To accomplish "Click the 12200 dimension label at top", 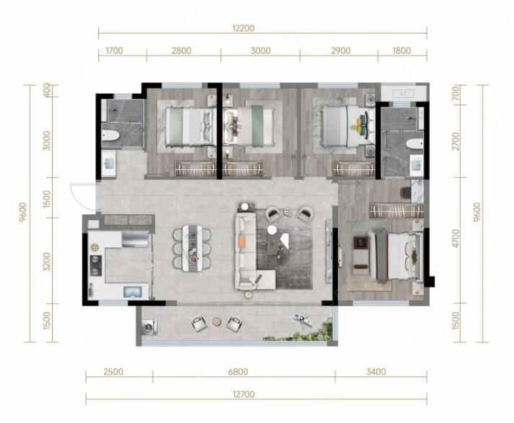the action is coord(243,28).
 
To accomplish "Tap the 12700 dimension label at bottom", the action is coord(244,394).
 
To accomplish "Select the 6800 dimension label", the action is coord(239,372).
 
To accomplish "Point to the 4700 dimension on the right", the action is coord(456,239).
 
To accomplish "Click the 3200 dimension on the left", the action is coord(47,262).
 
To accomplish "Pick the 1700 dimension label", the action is coord(115,50).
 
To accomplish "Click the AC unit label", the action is coord(404,94).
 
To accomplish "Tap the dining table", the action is coord(192,247).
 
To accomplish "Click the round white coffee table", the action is coord(272,230).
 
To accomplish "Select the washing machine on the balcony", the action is coord(150,326).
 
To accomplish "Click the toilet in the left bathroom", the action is coord(110,135).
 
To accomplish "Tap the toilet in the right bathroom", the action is coord(414,143).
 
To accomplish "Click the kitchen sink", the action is coord(133,292).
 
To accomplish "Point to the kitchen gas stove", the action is coord(96,266).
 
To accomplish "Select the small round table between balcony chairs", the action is coord(217,321).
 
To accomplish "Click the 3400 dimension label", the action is coord(376,372).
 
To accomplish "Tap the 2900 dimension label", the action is coord(341,50).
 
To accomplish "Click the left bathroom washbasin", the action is coord(109,163).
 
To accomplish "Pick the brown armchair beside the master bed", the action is coord(360,251).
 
